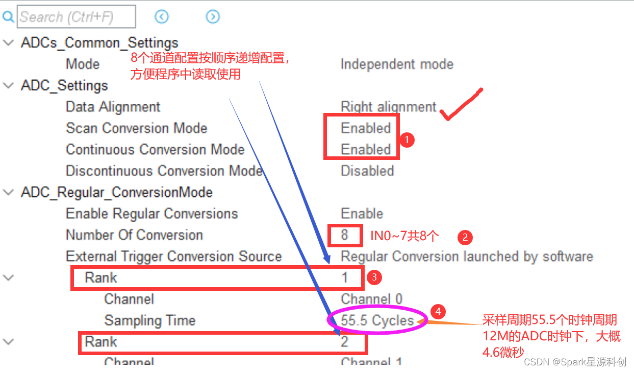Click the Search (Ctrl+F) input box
pos(77,17)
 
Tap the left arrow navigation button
pos(161,17)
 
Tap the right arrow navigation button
pos(213,17)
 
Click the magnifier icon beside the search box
pos(8,17)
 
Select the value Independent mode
pos(397,64)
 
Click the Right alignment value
pos(389,107)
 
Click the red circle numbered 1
pos(407,139)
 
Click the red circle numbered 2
pos(465,237)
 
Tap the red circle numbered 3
pos(374,277)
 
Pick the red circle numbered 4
pos(438,311)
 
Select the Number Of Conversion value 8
pos(345,235)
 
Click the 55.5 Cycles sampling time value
pos(377,320)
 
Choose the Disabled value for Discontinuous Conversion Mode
pos(367,171)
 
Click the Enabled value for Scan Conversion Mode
pos(366,128)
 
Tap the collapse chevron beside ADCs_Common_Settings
pos(9,43)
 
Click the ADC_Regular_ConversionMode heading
pos(117,192)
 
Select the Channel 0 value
pos(371,299)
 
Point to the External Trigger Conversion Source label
pos(173,256)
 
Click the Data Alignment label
pos(113,107)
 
